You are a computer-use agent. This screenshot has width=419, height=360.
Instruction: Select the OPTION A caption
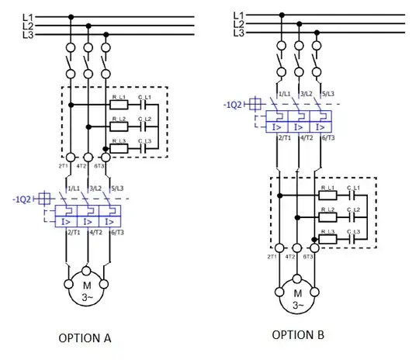coord(87,337)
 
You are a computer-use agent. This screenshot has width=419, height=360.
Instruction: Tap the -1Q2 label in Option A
coord(24,199)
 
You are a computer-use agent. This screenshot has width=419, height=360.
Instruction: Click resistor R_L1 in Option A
coord(119,103)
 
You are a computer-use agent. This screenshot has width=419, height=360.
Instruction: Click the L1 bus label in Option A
coord(27,16)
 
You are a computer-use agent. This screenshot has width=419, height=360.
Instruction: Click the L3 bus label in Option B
coord(240,33)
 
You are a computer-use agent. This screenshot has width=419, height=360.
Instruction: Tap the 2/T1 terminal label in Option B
coord(283,137)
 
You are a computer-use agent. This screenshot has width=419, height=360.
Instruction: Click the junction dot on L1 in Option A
coord(71,16)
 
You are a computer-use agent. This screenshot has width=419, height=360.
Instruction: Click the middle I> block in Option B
coord(298,125)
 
